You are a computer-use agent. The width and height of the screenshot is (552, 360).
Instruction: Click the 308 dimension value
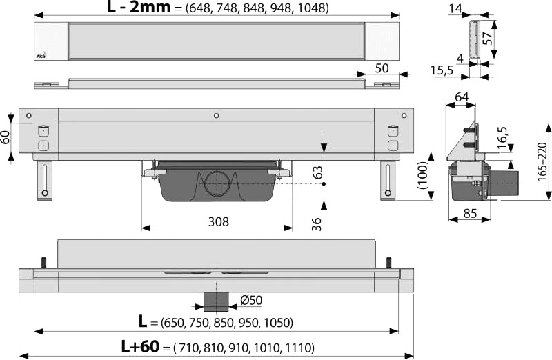(x=218, y=221)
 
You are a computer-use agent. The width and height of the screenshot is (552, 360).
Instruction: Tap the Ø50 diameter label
(x=251, y=300)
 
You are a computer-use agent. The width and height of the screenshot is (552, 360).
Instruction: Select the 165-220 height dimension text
(x=542, y=161)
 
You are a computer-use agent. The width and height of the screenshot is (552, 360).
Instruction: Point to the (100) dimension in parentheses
(x=422, y=176)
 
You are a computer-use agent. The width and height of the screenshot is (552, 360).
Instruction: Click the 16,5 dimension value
(x=504, y=137)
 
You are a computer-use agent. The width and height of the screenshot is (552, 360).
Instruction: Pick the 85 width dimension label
(x=470, y=213)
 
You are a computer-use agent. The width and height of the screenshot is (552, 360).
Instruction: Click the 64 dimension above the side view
(x=462, y=97)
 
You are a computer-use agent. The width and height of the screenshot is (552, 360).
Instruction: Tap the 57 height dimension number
(x=487, y=39)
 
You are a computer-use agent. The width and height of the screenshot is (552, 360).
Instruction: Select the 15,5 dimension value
(x=442, y=71)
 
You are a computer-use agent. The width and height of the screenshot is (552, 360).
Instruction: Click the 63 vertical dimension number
(x=317, y=172)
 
